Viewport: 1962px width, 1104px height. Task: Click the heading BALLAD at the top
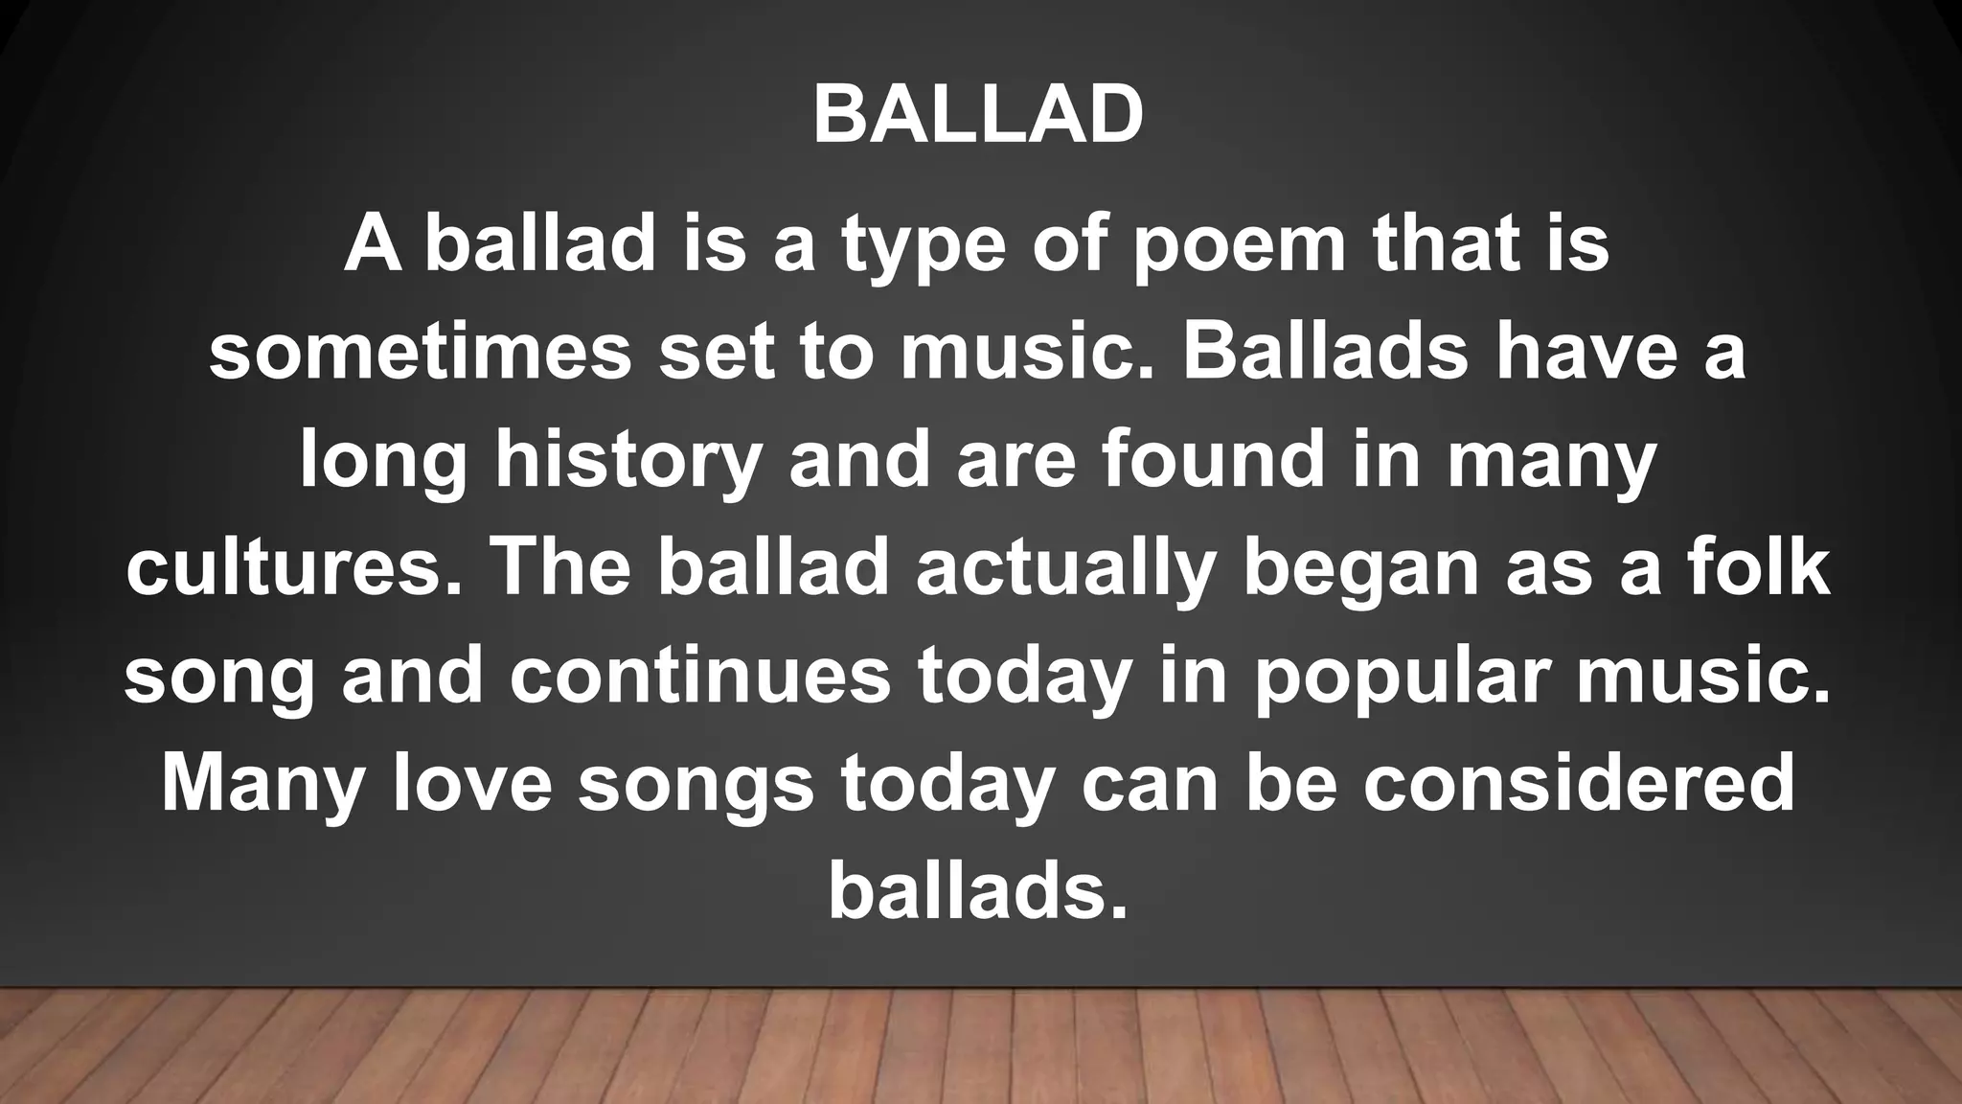pos(978,115)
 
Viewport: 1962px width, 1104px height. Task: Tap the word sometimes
pos(421,353)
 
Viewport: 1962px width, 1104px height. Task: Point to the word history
pos(627,462)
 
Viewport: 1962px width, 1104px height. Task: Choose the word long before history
pos(383,462)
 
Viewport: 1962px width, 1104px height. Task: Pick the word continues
pos(700,677)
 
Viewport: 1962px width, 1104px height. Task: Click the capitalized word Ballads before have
pos(1324,353)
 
